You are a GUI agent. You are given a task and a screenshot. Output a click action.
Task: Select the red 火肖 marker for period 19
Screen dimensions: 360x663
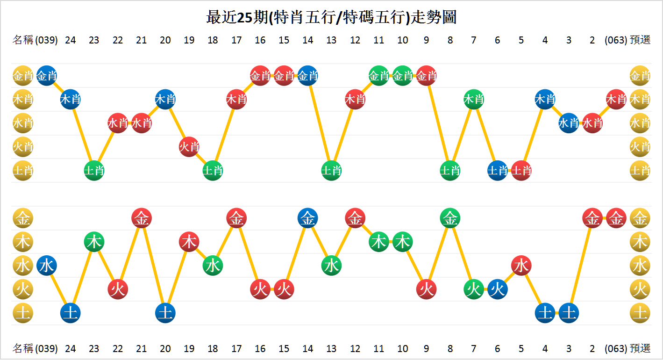click(x=189, y=147)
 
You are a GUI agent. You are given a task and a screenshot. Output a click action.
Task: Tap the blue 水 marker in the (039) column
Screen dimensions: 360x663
click(x=47, y=266)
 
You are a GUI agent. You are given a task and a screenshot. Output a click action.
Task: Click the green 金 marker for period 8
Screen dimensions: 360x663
click(x=450, y=218)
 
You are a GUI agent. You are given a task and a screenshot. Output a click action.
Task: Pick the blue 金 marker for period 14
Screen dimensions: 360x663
click(x=307, y=218)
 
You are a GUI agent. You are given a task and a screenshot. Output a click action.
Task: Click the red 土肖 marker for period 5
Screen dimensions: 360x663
click(x=521, y=171)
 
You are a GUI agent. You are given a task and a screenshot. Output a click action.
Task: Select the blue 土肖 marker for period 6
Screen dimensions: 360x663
click(x=497, y=171)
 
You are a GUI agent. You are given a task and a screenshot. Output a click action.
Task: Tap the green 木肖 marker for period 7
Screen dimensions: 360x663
click(x=474, y=99)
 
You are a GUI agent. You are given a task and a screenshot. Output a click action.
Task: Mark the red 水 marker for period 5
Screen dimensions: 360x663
click(x=521, y=266)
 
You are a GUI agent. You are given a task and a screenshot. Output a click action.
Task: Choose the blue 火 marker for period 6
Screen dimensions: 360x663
click(x=497, y=289)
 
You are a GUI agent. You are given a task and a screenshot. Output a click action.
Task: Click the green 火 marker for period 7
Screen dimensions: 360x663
click(x=474, y=289)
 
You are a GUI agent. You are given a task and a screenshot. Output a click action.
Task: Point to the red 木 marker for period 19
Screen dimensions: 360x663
click(x=189, y=242)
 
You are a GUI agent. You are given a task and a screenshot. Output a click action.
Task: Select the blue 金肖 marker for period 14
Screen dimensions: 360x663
click(x=307, y=75)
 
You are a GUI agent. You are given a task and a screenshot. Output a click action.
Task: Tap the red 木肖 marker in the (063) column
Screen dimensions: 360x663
click(x=616, y=99)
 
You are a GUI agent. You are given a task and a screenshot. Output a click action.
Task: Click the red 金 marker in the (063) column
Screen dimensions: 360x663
click(x=616, y=218)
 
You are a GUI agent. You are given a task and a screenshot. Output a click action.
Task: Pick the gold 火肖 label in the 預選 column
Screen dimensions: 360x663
click(x=640, y=147)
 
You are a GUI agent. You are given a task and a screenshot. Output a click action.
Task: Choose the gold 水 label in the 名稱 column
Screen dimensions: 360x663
click(x=22, y=266)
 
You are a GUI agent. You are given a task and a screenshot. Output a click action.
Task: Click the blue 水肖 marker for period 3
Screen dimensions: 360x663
click(x=568, y=123)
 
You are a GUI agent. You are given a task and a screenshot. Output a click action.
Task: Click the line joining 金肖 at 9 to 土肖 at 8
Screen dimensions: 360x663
click(x=438, y=123)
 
